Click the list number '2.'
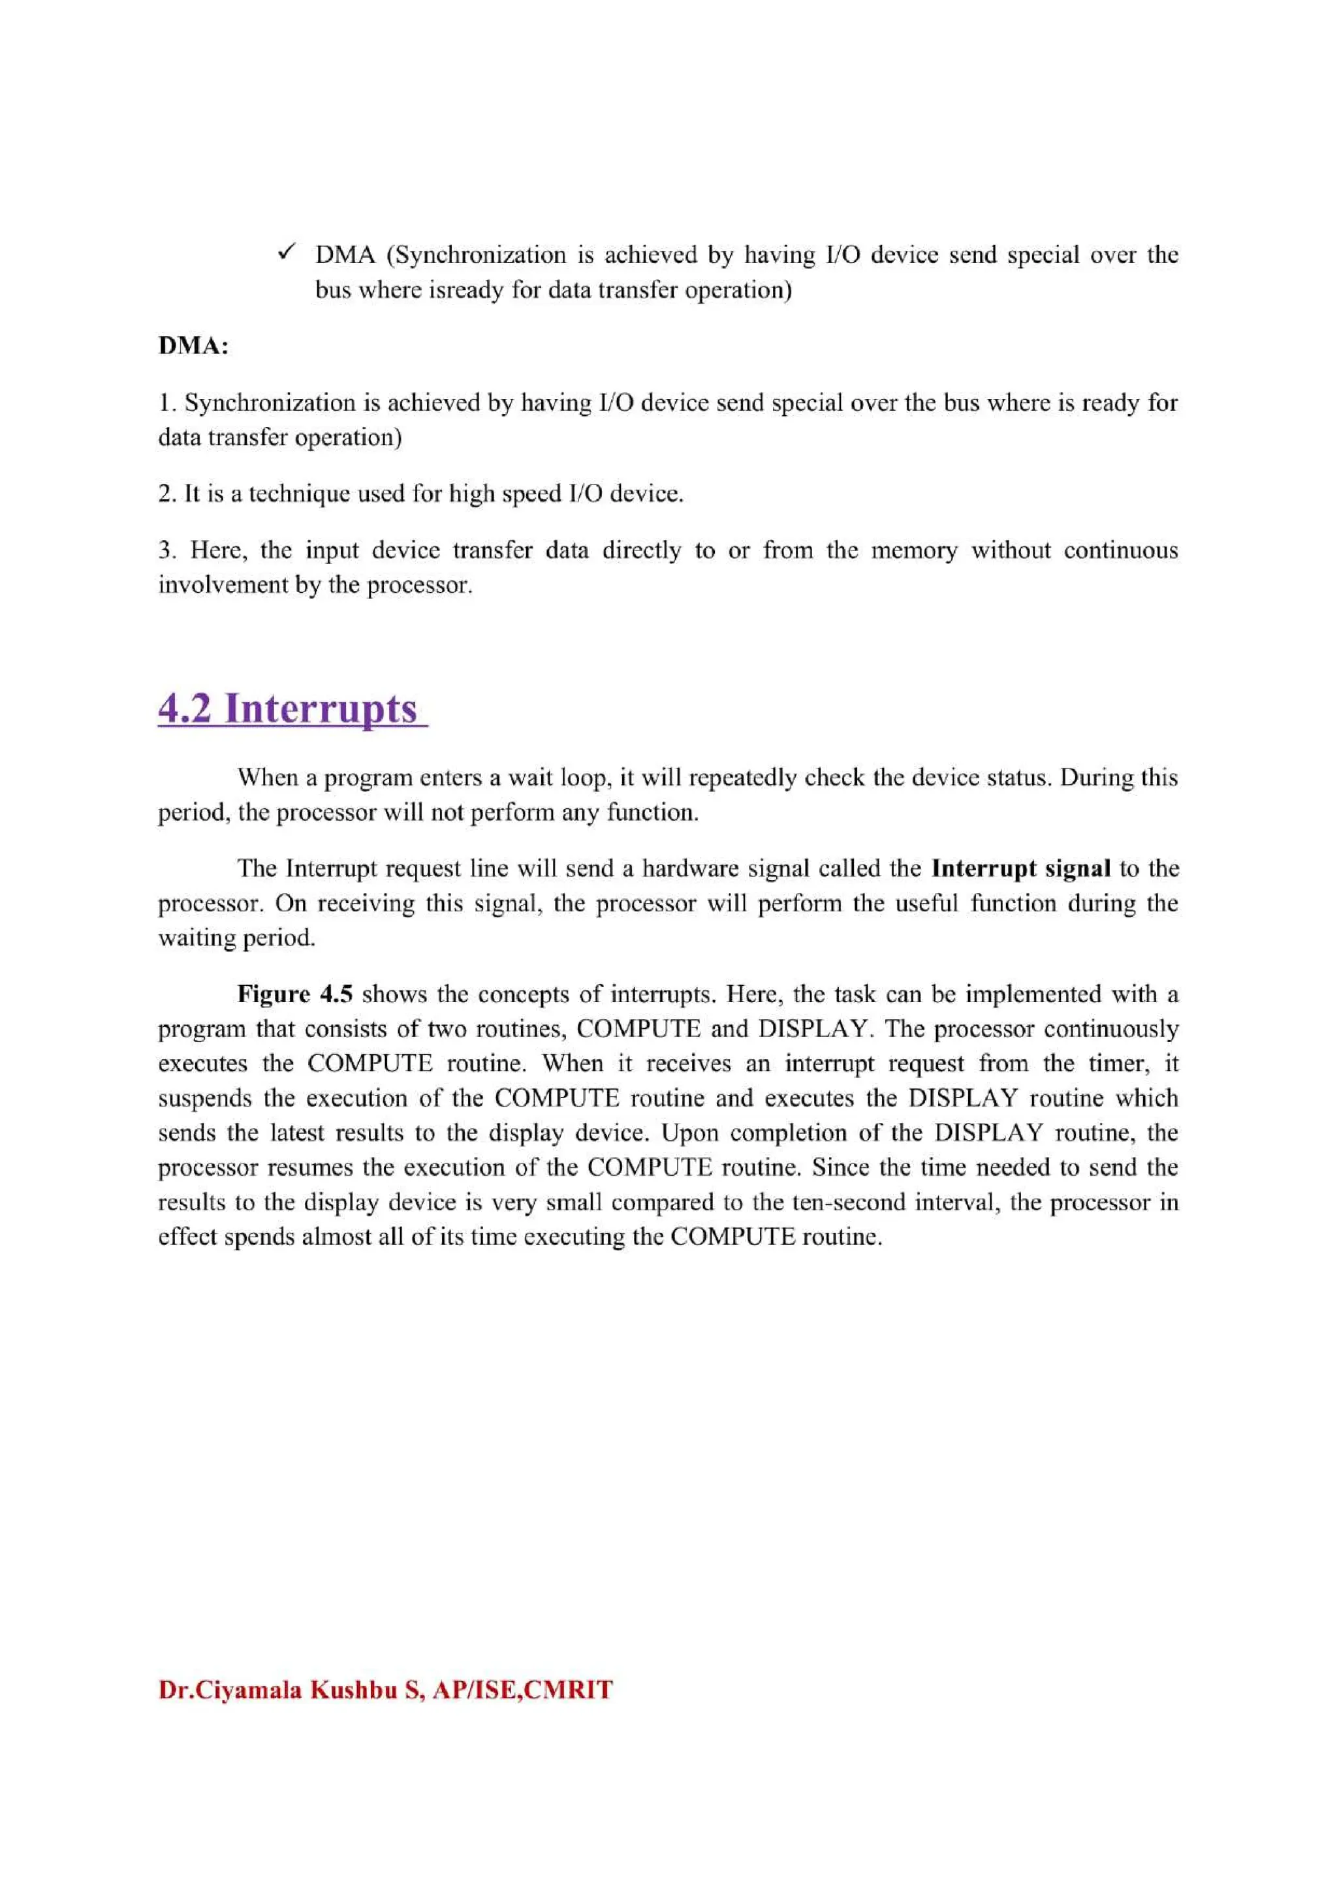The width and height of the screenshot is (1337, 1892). click(167, 494)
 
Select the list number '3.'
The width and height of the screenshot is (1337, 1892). click(167, 550)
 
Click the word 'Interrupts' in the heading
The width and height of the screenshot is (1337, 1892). click(321, 708)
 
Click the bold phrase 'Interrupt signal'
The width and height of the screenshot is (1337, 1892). click(1020, 868)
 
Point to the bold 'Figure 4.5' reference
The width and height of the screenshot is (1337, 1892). click(295, 994)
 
